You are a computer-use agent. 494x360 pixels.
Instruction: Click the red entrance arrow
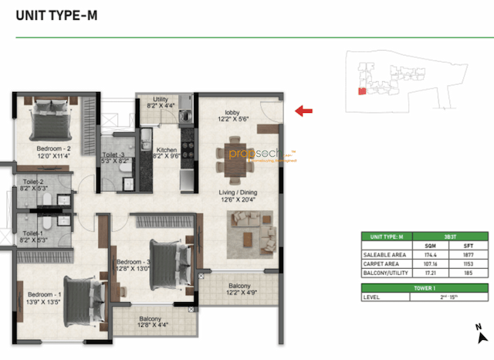[x=304, y=111]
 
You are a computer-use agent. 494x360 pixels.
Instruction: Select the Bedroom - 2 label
[x=53, y=151]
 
